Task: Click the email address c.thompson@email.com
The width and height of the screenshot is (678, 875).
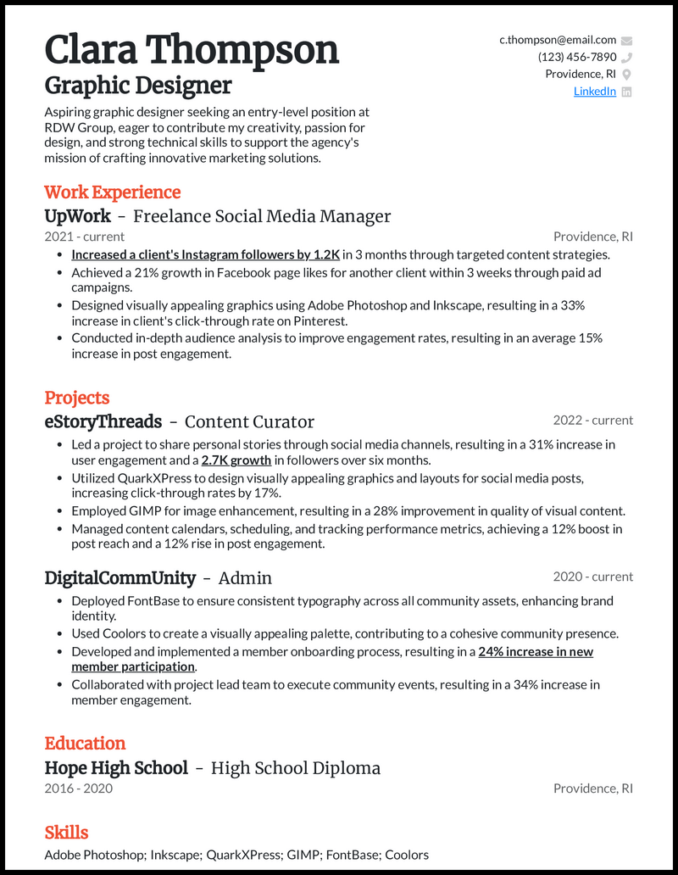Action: [558, 40]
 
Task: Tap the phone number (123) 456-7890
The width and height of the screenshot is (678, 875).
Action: [577, 57]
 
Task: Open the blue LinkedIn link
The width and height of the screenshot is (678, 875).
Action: [595, 92]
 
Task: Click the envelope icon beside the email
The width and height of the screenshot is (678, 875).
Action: [626, 40]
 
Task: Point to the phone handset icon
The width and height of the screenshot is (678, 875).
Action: [626, 58]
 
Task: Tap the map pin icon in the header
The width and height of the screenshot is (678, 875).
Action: [626, 75]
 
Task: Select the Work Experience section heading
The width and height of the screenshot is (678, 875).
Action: [113, 192]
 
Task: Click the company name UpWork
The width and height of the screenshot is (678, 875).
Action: [78, 216]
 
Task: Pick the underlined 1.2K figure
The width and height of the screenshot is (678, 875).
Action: [326, 254]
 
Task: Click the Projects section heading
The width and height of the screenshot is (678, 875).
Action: [77, 398]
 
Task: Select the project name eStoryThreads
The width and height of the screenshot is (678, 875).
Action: [103, 421]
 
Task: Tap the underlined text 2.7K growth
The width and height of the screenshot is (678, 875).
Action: [236, 460]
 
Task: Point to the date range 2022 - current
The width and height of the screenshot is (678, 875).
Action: [593, 421]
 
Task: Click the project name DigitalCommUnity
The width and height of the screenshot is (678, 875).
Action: [119, 578]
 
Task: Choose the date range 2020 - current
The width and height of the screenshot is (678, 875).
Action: [593, 577]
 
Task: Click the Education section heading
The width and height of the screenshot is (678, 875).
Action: [85, 744]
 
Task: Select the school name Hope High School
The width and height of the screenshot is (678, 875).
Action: [116, 768]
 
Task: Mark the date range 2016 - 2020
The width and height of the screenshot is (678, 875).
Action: [78, 789]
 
